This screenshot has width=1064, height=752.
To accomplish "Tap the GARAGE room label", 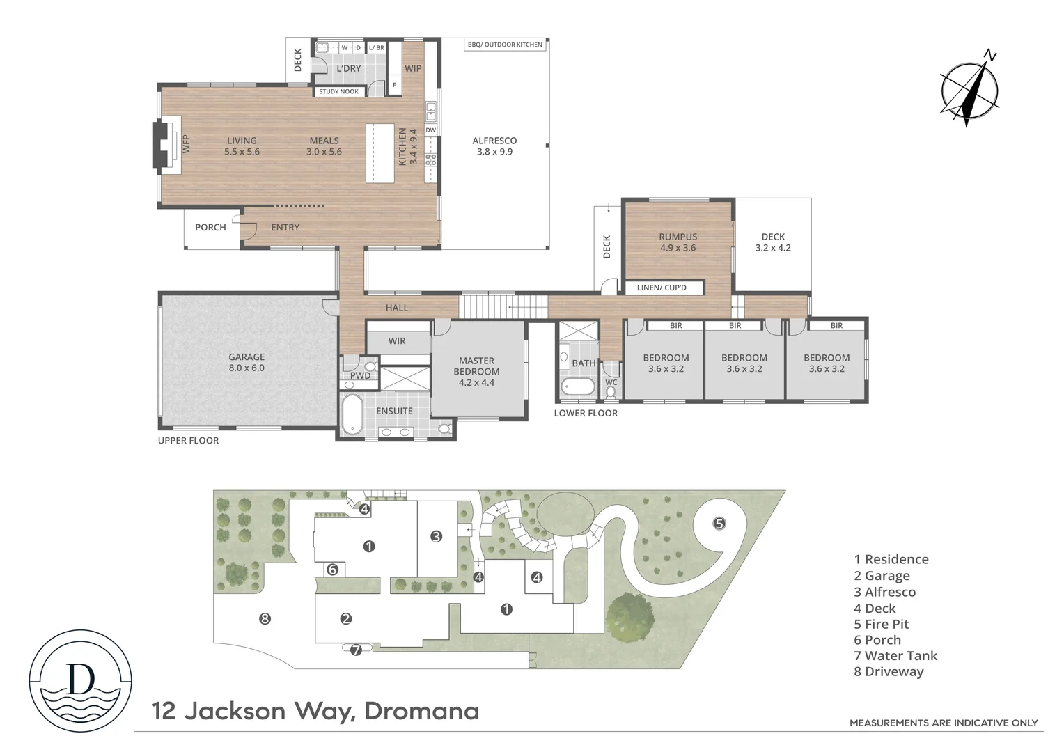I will (x=247, y=362).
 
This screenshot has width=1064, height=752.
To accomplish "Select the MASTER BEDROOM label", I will (x=476, y=371).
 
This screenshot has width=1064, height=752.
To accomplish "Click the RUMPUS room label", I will (x=678, y=242).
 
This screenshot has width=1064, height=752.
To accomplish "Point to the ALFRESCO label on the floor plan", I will (x=494, y=146).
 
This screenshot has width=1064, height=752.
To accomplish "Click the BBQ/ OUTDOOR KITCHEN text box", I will (x=505, y=45).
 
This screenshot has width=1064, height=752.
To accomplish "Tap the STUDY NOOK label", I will (x=338, y=91).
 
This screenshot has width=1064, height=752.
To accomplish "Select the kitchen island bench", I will (x=380, y=152).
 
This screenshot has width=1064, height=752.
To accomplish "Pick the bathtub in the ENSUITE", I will (x=352, y=416).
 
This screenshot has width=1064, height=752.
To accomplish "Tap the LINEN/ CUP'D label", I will (x=662, y=288).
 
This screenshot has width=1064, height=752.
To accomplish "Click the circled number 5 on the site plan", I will (x=719, y=523).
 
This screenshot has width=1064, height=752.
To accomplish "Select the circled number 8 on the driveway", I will (x=265, y=618).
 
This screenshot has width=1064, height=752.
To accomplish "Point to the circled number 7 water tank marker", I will (x=356, y=650).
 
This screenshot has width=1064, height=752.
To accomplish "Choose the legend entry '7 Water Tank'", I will (x=895, y=655).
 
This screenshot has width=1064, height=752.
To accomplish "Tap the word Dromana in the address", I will (x=421, y=711).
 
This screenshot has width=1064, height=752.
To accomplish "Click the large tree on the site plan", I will (x=630, y=616).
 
